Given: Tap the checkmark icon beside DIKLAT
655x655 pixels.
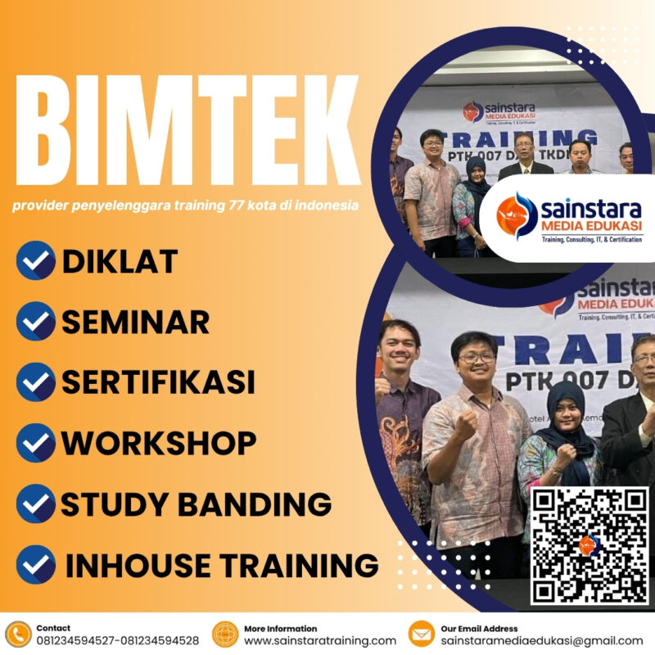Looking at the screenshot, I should click(x=35, y=261).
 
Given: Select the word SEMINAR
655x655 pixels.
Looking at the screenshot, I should click(x=135, y=322).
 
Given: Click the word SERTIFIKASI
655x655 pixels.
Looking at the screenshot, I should click(x=158, y=382).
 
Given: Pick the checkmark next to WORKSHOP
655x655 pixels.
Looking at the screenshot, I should click(x=35, y=443).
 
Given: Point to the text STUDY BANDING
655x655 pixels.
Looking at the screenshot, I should click(x=196, y=504).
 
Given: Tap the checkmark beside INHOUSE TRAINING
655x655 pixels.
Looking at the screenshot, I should click(x=35, y=564).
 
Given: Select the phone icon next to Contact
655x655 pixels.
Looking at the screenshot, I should click(x=17, y=634).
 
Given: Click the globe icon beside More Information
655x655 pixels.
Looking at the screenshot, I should click(x=224, y=634).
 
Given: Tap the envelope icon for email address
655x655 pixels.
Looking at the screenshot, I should click(x=421, y=634).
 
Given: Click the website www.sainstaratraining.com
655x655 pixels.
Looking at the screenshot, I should click(x=320, y=640).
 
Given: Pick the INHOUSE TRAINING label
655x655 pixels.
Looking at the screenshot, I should click(x=221, y=564).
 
